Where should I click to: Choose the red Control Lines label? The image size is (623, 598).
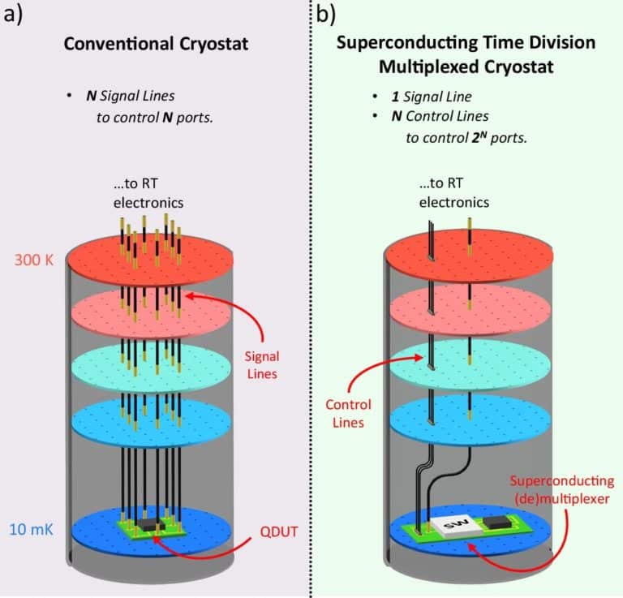point(348,412)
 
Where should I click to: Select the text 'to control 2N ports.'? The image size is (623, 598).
point(466,137)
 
